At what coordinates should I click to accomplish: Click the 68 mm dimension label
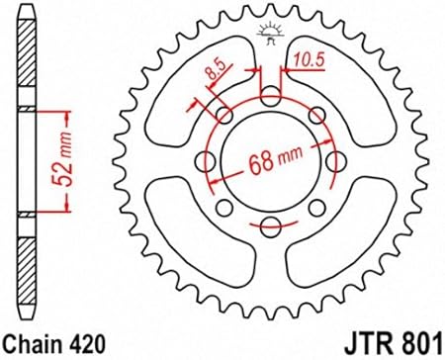coord(275,160)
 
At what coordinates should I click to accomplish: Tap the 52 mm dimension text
coord(62,160)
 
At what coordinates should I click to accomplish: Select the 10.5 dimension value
coord(309,60)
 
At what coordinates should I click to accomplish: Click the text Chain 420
coord(54,344)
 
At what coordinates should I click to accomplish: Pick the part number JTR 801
coord(393,344)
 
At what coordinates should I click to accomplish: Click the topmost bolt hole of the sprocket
coord(271,96)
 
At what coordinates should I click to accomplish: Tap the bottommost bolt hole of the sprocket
coord(271,227)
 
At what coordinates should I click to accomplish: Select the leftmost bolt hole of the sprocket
coord(206,161)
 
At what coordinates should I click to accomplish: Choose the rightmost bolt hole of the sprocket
coord(336,161)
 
